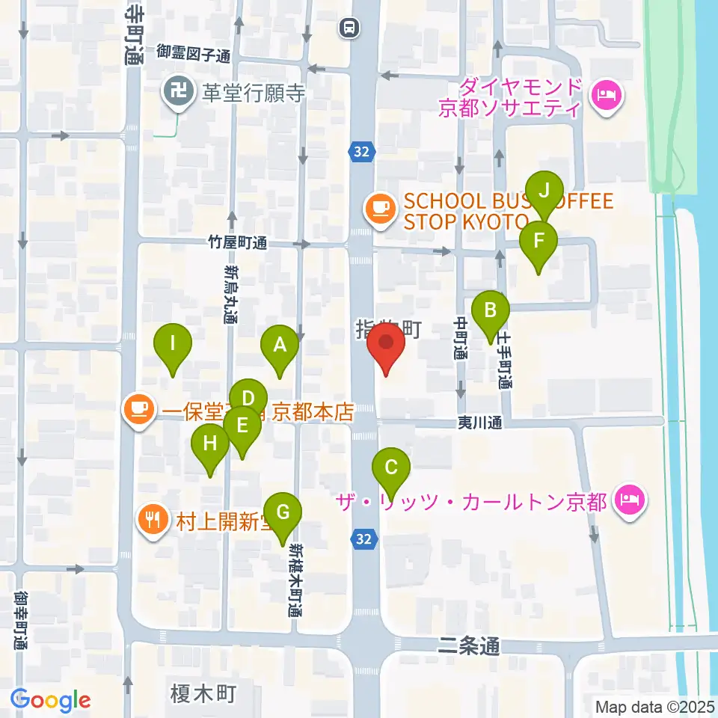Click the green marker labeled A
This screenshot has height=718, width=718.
(x=280, y=346)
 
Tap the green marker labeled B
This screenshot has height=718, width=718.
(x=491, y=310)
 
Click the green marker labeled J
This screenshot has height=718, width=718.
(x=544, y=191)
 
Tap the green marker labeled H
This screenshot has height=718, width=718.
(x=210, y=444)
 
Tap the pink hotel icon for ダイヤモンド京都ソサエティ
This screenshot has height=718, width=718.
(x=604, y=95)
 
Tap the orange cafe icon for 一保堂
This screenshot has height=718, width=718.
(x=138, y=408)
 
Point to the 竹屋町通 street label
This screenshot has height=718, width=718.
(x=238, y=242)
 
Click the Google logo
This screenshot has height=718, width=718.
(x=50, y=701)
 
